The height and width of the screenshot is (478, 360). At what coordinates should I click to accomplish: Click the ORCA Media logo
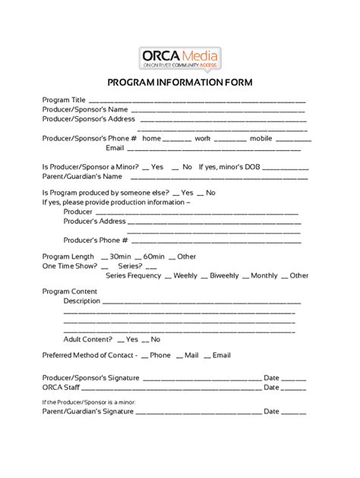(x=180, y=57)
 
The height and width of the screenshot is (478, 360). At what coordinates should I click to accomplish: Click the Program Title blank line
(x=197, y=101)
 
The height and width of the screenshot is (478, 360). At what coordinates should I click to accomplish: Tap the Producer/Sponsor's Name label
(x=79, y=109)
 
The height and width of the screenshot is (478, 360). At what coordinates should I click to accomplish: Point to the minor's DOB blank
(x=284, y=167)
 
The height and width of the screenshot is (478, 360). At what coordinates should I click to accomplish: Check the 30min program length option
(x=115, y=256)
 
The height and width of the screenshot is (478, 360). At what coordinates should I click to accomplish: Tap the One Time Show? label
(x=69, y=266)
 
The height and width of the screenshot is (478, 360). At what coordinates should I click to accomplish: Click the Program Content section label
(x=69, y=291)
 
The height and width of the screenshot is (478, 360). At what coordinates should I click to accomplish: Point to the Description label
(x=82, y=301)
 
